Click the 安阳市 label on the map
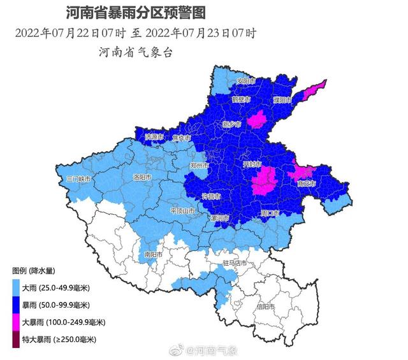[245, 82]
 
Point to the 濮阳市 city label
[282, 101]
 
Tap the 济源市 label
[154, 137]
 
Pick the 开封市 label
[252, 164]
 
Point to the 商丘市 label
[307, 184]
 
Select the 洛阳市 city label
[142, 177]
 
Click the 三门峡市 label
[79, 180]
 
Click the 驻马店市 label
[234, 263]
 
